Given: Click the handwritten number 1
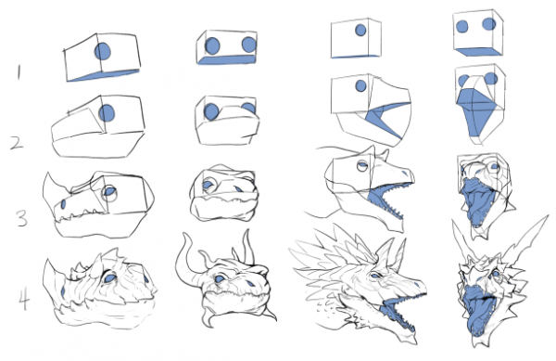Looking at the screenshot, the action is coord(19,72).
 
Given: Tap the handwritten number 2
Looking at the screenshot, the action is coord(17,143).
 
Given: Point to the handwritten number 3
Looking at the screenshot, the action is coord(21,218).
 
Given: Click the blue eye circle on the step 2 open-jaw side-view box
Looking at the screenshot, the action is coord(360,85).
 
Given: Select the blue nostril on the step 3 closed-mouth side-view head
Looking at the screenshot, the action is coord(63,204).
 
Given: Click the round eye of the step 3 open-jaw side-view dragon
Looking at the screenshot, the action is coord(362,165).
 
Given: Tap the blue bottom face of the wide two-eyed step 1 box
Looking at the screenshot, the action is coord(227,59).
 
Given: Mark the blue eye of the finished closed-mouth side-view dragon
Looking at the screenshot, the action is coord(109,277).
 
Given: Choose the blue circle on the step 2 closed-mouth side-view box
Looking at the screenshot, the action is coord(107,113).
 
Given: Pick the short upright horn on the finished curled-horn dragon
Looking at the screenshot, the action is coord(248,248).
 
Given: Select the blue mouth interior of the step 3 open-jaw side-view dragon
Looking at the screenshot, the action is coord(383,202).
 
